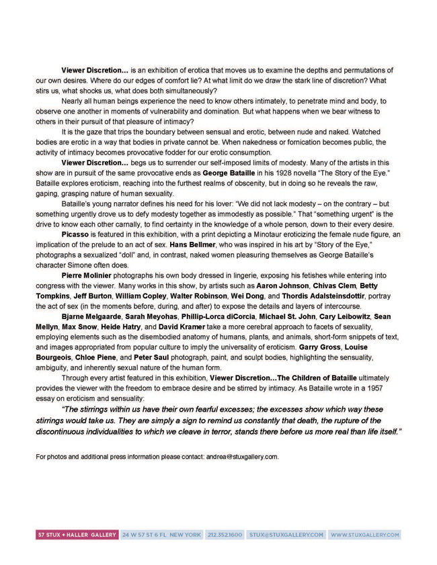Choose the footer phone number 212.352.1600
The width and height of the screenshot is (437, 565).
click(225, 535)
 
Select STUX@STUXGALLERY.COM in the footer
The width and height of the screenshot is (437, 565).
click(286, 535)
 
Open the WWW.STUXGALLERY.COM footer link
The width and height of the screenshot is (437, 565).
click(365, 535)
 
